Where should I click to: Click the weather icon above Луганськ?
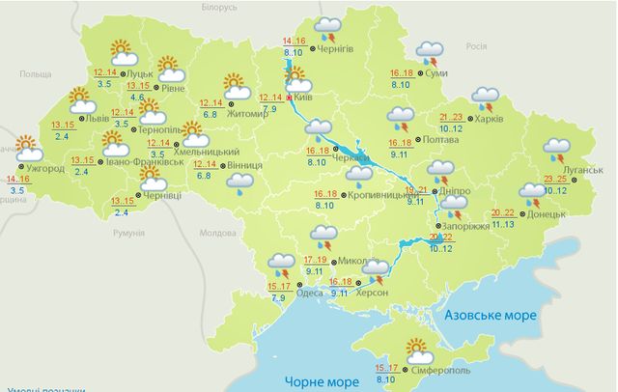558,149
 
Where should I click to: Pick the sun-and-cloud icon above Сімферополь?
419,349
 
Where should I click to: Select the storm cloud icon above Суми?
427,50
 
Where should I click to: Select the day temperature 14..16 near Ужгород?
17,180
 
